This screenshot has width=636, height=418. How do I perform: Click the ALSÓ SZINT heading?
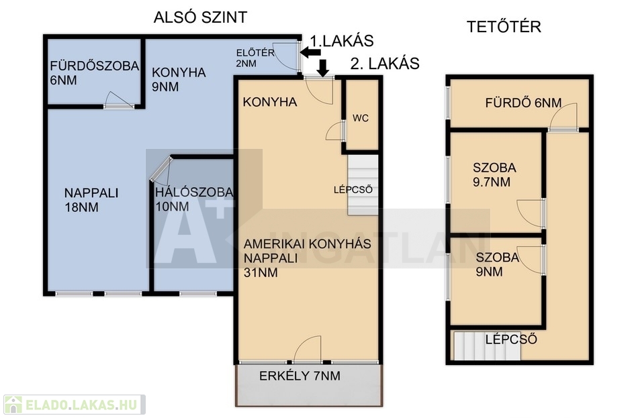tap(200, 17)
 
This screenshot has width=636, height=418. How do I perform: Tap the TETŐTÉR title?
tap(504, 27)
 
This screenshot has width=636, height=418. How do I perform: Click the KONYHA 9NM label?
tap(179, 79)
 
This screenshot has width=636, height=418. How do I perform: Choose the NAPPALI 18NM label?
tap(91, 200)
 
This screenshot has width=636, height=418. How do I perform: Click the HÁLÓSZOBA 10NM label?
tap(194, 199)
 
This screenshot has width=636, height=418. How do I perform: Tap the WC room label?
tap(361, 118)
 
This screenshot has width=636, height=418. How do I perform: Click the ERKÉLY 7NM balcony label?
tap(300, 376)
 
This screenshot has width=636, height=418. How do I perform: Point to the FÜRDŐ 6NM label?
tap(523, 103)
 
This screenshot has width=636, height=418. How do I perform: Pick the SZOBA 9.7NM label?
tap(494, 174)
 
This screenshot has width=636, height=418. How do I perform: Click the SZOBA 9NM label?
tap(497, 264)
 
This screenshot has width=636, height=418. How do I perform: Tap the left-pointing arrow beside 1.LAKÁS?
tap(310, 52)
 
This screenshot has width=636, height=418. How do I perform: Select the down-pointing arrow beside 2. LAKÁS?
tap(323, 68)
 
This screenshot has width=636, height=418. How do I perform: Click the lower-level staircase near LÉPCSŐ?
tap(363, 185)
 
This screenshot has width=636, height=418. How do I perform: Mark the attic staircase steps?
tap(487, 346)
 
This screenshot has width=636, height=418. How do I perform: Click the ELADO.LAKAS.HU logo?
tap(75, 405)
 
